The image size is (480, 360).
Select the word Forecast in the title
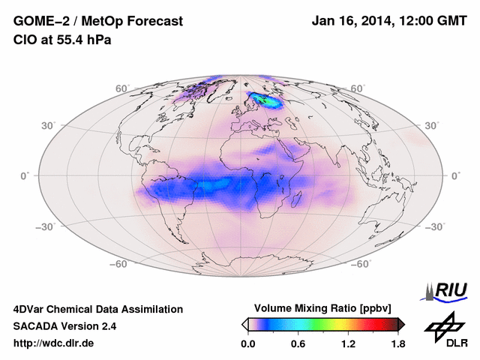click(154, 22)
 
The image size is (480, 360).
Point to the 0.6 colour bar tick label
click(298, 344)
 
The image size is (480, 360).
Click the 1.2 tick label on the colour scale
click(347, 344)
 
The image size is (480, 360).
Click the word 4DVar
click(30, 309)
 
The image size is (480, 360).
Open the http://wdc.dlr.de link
click(54, 343)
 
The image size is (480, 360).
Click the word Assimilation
click(154, 309)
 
